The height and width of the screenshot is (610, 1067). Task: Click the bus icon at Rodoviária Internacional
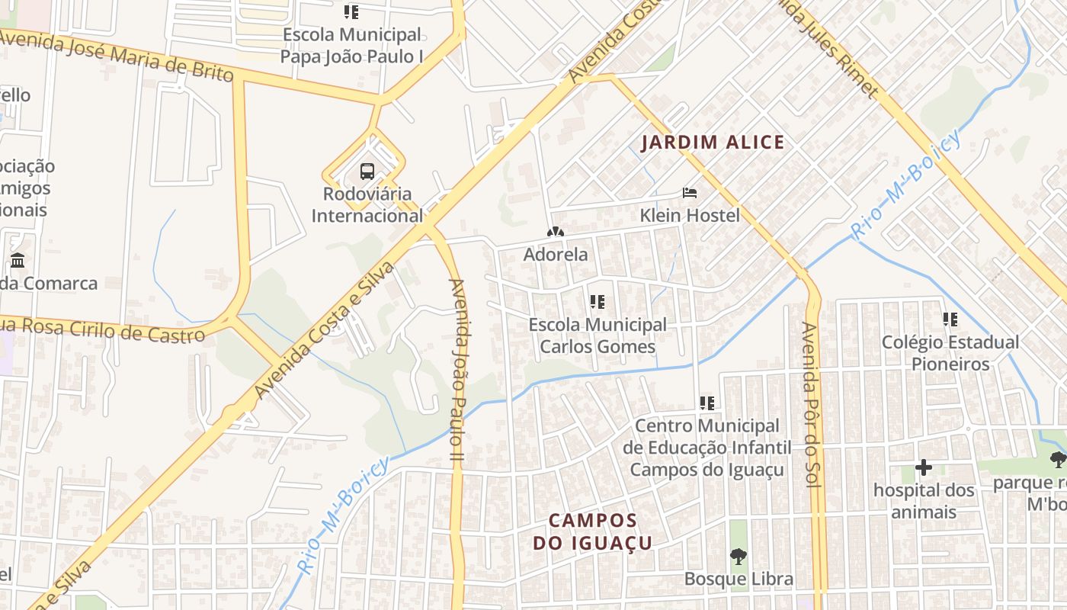point(367,171)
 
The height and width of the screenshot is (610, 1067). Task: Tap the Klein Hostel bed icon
point(690,193)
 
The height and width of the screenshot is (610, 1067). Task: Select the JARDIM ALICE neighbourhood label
point(713,143)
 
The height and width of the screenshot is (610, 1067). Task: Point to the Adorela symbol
point(556,232)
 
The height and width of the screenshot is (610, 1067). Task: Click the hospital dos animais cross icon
point(924,467)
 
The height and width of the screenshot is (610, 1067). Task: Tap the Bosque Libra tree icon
point(738,557)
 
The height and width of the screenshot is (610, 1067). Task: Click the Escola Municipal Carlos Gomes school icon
point(598,302)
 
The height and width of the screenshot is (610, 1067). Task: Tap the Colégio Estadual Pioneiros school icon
point(950,319)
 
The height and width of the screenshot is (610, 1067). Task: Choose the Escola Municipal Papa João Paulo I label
point(351,45)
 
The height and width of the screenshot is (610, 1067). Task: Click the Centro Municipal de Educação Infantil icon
point(707,403)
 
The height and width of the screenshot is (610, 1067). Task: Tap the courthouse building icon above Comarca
point(18,261)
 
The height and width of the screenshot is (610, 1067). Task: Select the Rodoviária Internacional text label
point(367,204)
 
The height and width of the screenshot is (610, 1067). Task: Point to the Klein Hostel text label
point(690,215)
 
